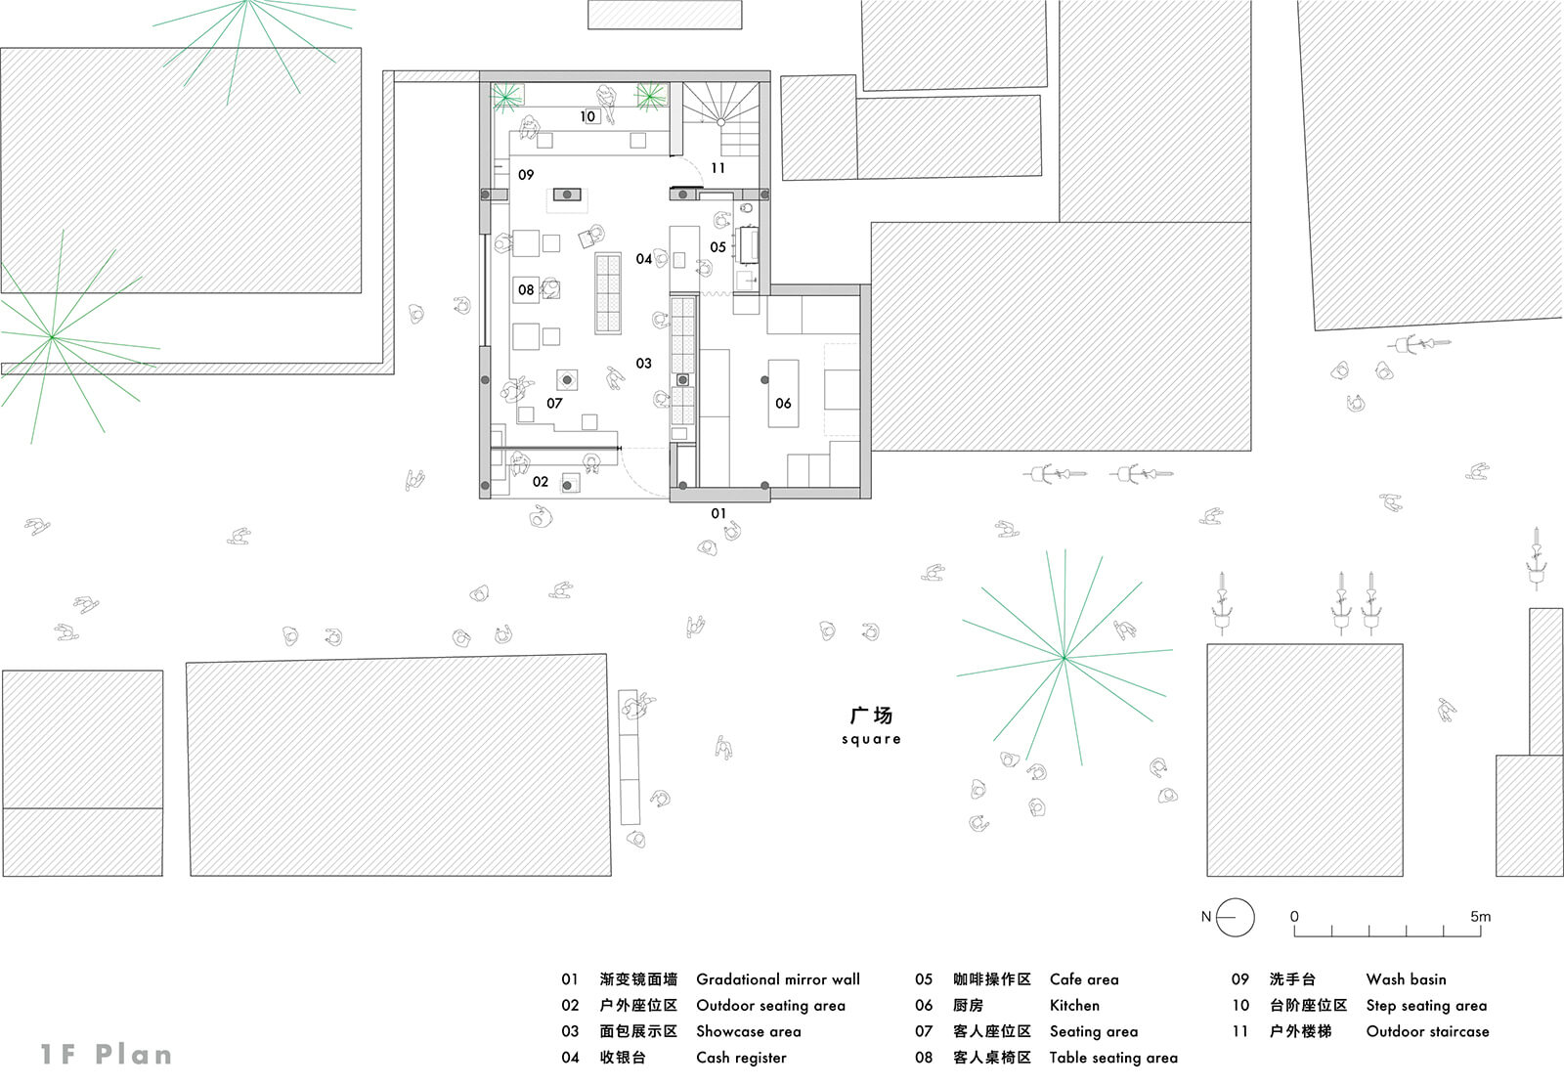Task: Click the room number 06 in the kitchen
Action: pyautogui.click(x=783, y=403)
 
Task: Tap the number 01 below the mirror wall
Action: pyautogui.click(x=718, y=513)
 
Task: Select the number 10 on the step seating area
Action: pyautogui.click(x=587, y=116)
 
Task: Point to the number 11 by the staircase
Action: pyautogui.click(x=717, y=168)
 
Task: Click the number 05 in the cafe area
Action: pyautogui.click(x=717, y=247)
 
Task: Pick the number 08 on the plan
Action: pyautogui.click(x=526, y=290)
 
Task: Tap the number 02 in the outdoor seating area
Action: pyautogui.click(x=541, y=482)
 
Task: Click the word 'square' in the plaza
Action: pyautogui.click(x=871, y=739)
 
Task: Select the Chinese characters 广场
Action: pyautogui.click(x=871, y=716)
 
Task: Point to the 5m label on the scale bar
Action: pyautogui.click(x=1480, y=916)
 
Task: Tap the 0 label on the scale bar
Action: pyautogui.click(x=1294, y=916)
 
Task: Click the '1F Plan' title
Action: pyautogui.click(x=107, y=1055)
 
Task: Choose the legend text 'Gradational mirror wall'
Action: pyautogui.click(x=778, y=979)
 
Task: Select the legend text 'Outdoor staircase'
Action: pyautogui.click(x=1427, y=1031)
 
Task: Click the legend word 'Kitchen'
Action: pyautogui.click(x=1074, y=1005)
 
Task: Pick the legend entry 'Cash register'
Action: pyautogui.click(x=741, y=1058)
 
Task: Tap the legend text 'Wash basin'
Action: pyautogui.click(x=1406, y=979)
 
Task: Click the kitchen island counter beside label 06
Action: pyautogui.click(x=783, y=393)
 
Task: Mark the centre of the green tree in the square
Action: pyautogui.click(x=1064, y=657)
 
